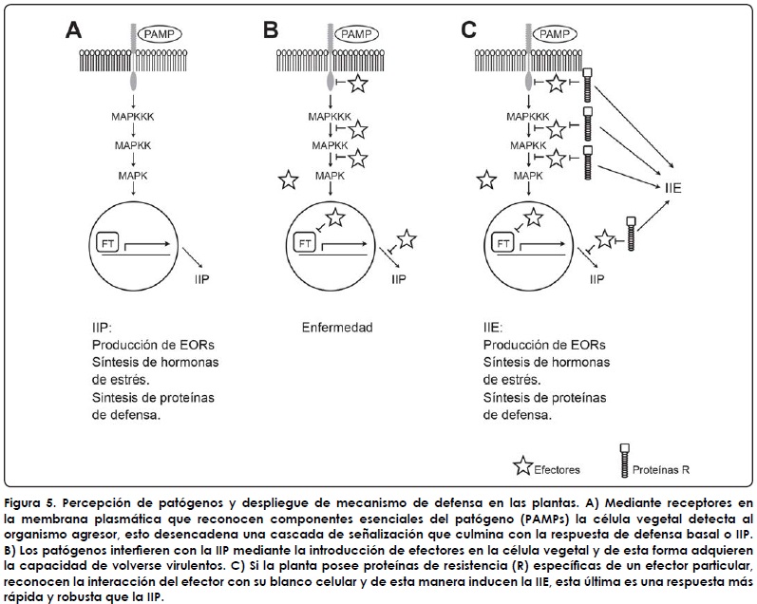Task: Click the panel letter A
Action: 73,30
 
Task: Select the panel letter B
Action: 271,30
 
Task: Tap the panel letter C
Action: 468,30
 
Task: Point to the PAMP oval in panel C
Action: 553,34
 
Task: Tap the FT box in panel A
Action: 107,243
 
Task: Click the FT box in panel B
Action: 305,243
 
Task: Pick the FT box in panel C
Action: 503,243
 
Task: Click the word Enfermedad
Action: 334,328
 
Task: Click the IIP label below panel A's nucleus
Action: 202,281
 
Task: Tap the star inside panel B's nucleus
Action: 336,218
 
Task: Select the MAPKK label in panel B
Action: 330,146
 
